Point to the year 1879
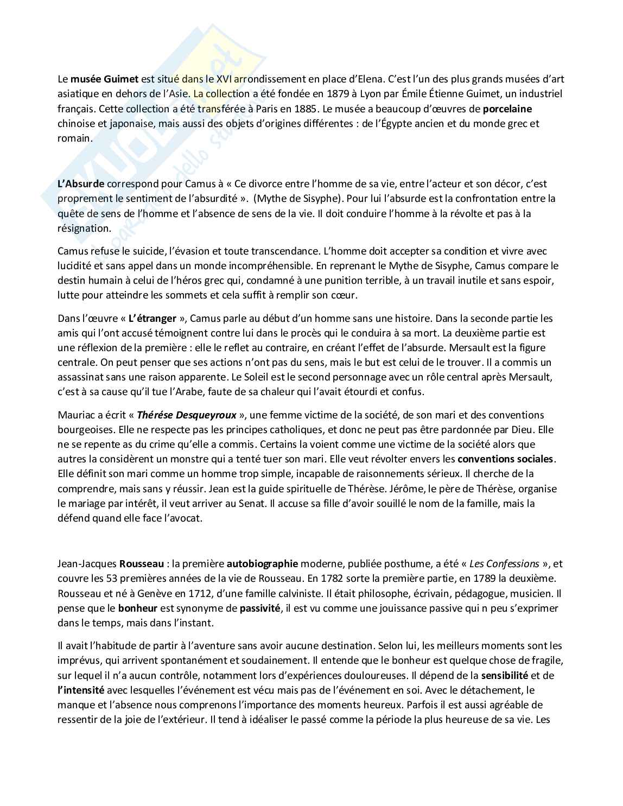[x=330, y=93]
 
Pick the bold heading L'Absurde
[x=81, y=183]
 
